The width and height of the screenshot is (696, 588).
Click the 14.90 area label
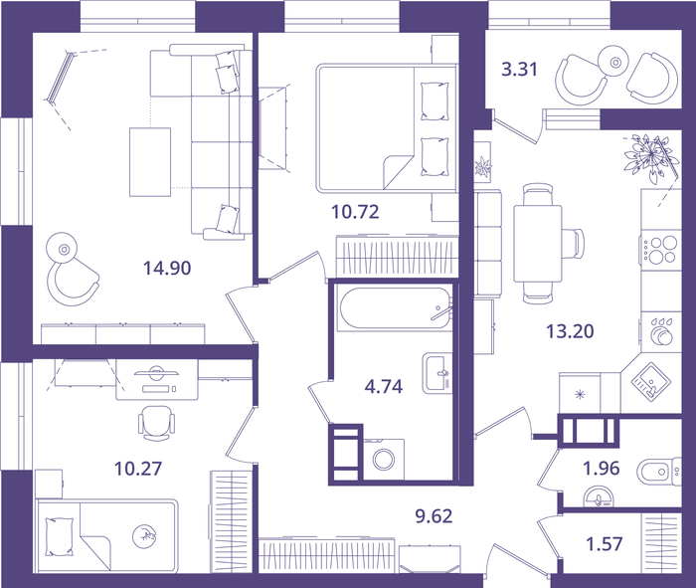coord(167,269)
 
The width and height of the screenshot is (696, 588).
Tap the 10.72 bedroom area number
coord(355,212)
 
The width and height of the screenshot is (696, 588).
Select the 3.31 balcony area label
coord(519,70)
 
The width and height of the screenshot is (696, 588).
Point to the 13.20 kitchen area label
coord(570,331)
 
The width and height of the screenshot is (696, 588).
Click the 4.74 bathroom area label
coord(384,387)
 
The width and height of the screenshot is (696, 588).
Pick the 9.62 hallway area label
coord(434,516)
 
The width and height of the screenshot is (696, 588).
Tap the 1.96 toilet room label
coord(601,468)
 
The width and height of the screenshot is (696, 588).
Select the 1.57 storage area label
coord(605,543)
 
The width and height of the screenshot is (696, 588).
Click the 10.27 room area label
coord(138,469)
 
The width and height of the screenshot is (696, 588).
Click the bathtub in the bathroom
coord(394,309)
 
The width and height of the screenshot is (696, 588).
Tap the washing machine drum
coord(384,460)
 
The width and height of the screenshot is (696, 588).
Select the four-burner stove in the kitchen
coord(661,249)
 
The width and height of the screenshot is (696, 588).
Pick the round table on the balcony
coord(615,63)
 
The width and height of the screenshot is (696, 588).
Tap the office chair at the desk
coord(156,423)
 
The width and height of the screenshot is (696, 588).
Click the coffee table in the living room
coord(150,162)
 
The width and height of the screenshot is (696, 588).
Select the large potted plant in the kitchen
coord(650,157)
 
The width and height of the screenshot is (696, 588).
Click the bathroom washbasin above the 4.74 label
coord(437,373)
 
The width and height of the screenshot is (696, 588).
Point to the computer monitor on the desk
coord(156,373)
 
